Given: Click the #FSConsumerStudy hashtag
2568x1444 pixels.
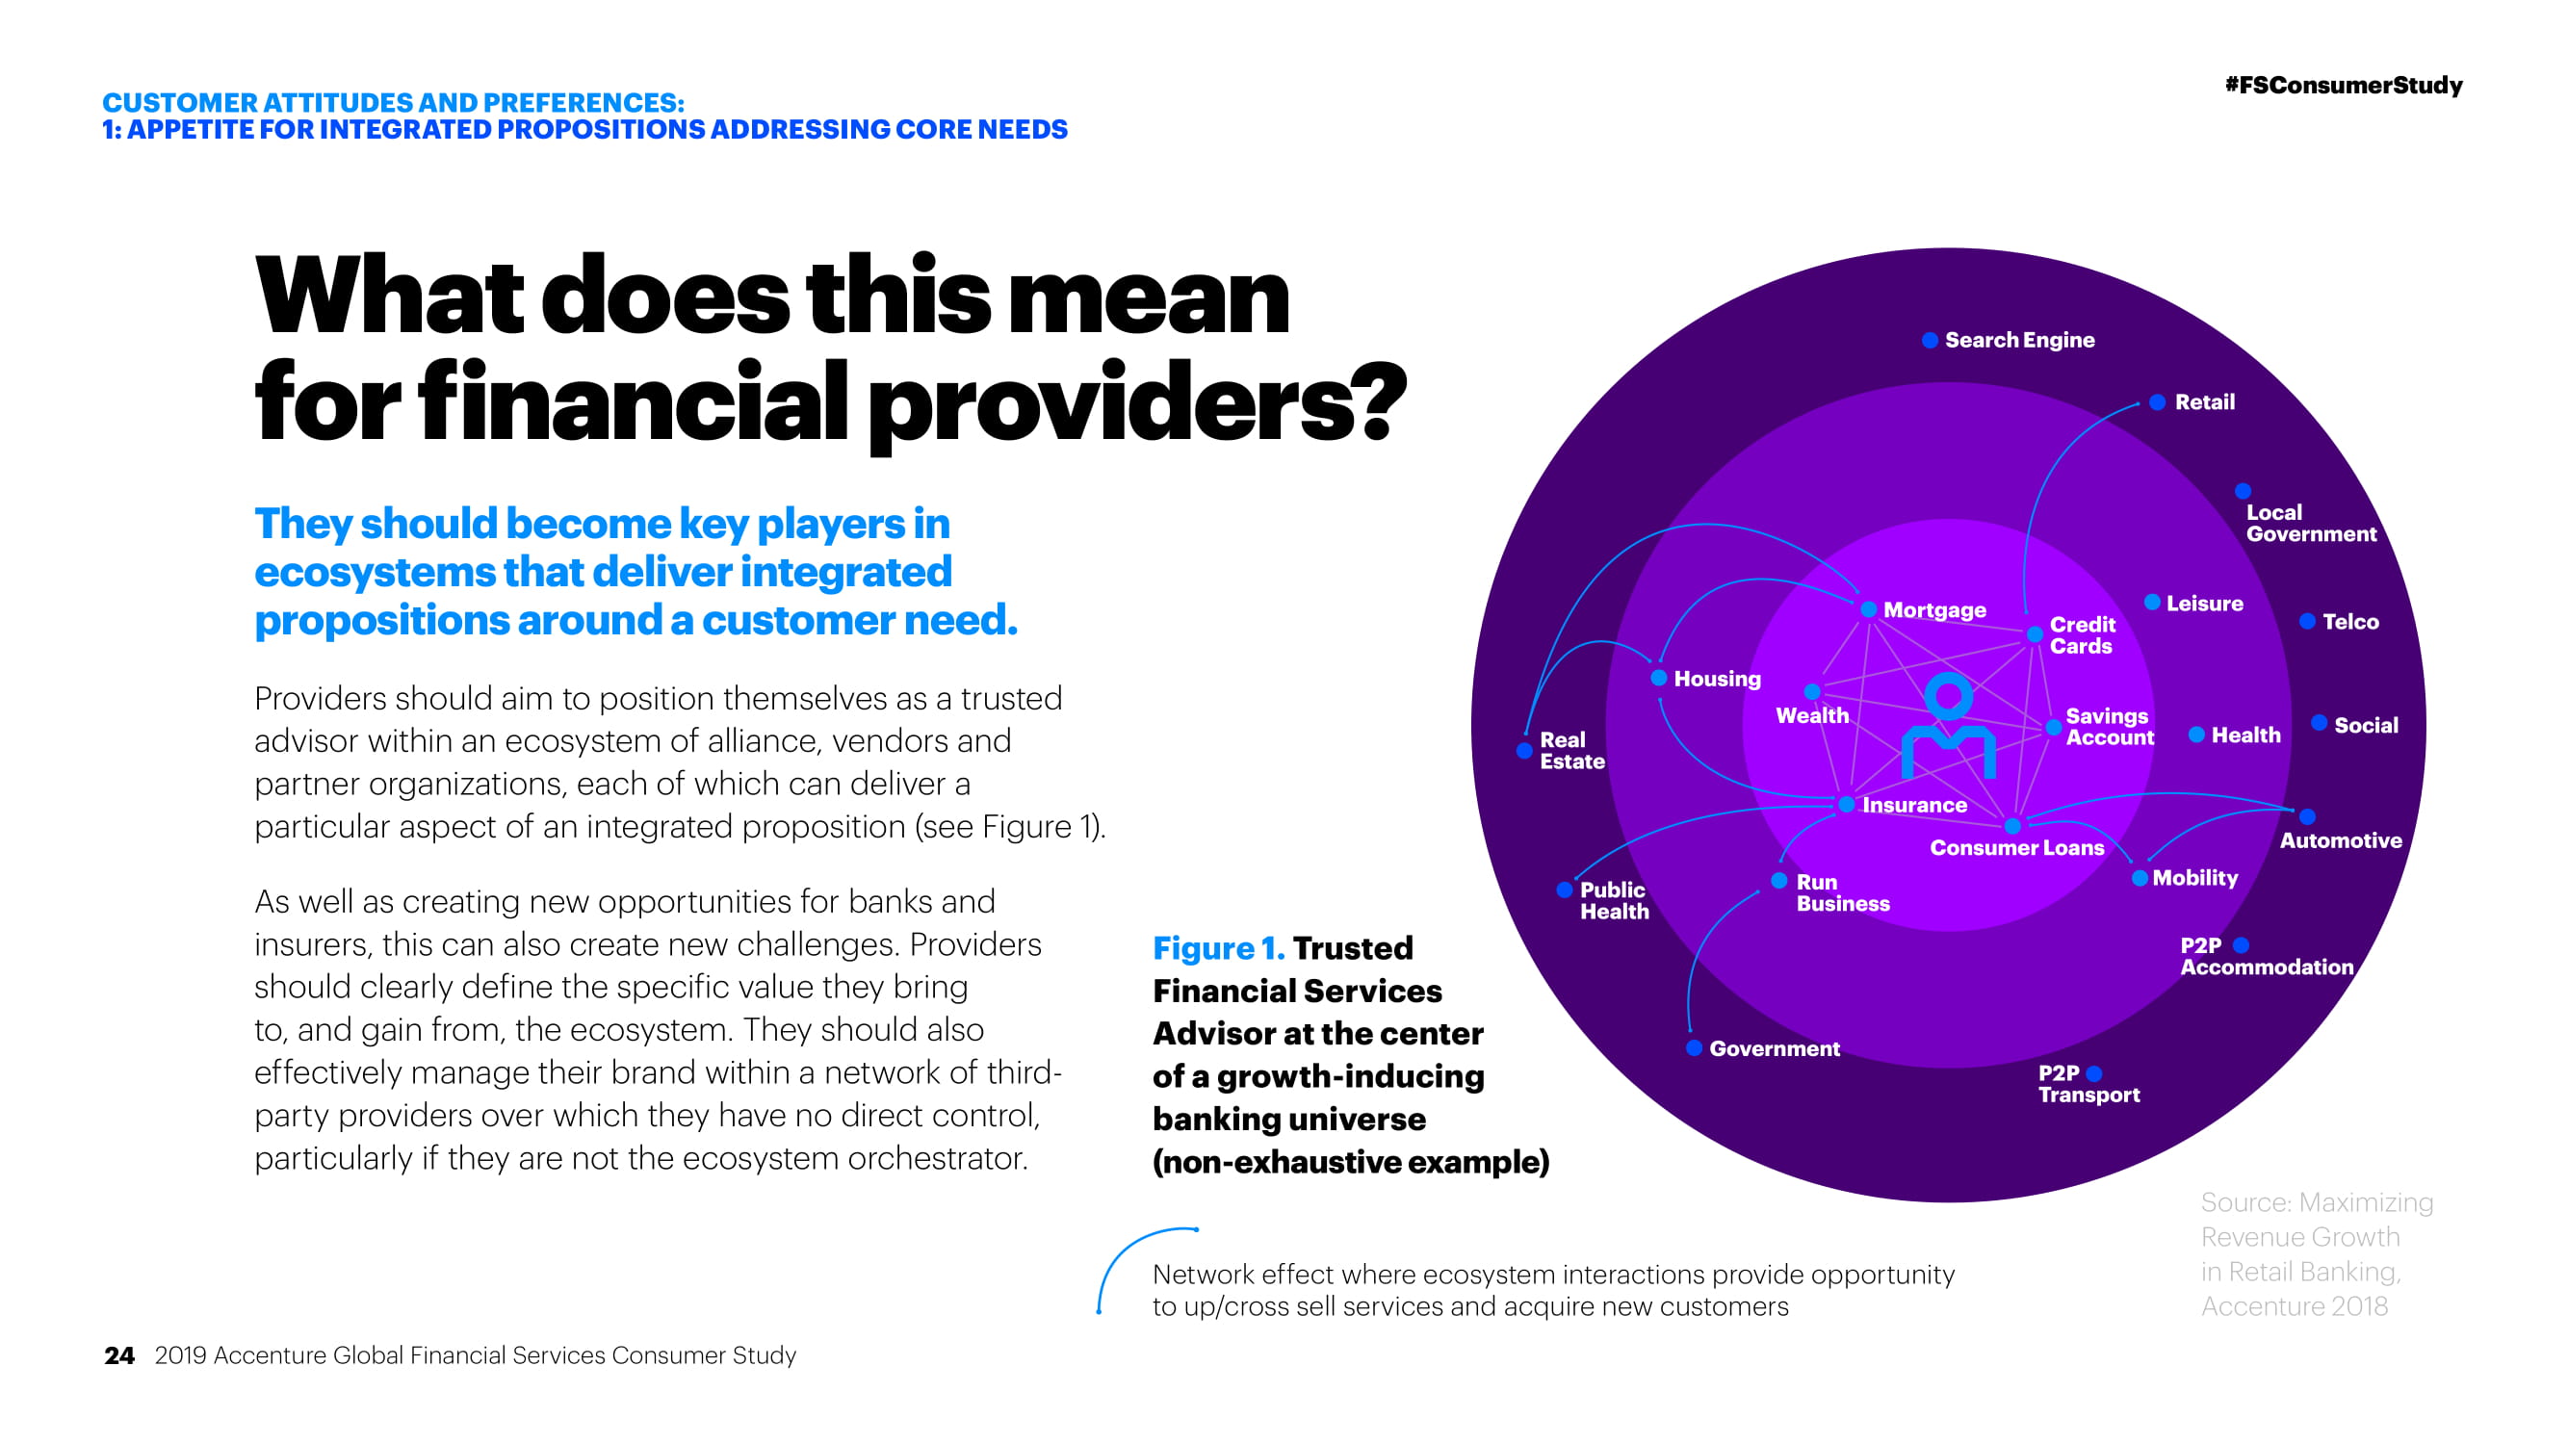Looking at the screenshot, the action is coord(2343,86).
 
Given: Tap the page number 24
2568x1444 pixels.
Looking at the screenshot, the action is coord(118,1355).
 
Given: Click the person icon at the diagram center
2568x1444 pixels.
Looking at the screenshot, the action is coord(1949,725).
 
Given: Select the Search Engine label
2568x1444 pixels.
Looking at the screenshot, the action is coord(2020,340).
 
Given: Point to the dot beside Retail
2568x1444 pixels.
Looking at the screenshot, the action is coord(2157,402).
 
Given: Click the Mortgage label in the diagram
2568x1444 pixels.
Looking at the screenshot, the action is coord(1934,610).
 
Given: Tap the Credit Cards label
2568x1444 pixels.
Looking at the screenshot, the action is coord(2082,634).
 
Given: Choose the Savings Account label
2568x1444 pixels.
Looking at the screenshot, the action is coord(2110,727).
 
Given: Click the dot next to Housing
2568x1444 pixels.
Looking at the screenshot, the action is coord(1659,678).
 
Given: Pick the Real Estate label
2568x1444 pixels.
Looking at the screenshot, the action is coord(1572,751).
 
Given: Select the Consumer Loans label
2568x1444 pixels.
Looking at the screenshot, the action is coord(2016,848).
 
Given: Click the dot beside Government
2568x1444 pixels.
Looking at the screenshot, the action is coord(1694,1047).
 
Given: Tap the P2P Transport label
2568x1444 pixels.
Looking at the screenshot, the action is coord(2088,1083).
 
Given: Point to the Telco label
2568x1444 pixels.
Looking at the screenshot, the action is coord(2350,622).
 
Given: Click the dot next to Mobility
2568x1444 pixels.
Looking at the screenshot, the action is coord(2140,878).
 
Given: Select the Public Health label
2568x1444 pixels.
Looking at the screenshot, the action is coord(1614,900).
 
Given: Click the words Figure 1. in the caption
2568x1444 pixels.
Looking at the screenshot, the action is coord(1218,947).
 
